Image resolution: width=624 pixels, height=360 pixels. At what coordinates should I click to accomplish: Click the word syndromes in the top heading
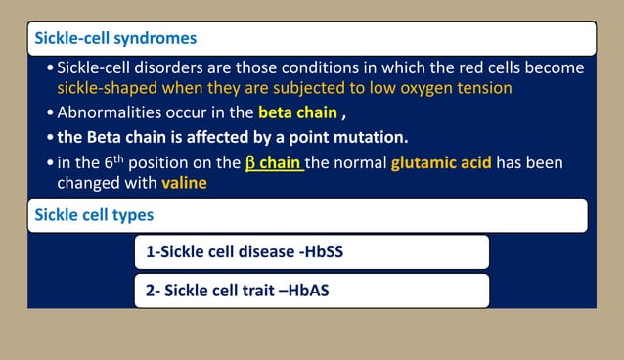(153, 39)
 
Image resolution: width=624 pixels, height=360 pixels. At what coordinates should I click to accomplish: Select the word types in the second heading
(128, 213)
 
